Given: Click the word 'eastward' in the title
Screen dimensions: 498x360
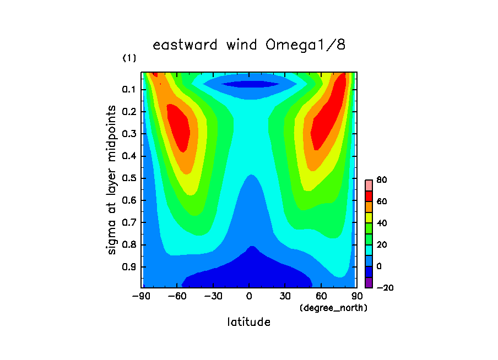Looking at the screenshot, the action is click(185, 45).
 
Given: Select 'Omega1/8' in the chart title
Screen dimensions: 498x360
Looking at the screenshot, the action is click(305, 45).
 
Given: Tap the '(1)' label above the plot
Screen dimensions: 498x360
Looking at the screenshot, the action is click(129, 58).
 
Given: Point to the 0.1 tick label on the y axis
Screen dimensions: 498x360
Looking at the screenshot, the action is click(128, 90).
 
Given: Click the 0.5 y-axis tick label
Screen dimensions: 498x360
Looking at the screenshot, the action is click(128, 178).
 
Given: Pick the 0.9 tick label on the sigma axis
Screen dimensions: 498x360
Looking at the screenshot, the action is click(128, 266).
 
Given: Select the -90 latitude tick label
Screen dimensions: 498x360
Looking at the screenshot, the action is click(141, 296).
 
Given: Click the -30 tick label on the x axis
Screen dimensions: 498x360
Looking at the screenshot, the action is click(213, 296).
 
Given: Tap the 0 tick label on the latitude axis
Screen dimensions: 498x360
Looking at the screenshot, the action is click(249, 296).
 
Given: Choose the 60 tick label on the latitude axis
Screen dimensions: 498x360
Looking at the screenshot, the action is click(321, 296).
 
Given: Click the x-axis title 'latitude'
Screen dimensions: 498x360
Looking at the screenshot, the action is click(248, 322).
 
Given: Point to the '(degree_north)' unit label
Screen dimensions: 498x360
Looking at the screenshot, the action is click(333, 308).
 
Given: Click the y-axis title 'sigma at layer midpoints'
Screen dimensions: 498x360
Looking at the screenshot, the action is click(111, 180).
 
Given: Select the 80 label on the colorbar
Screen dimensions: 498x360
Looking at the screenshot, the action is click(381, 180).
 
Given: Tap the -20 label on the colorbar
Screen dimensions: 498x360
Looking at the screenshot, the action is click(385, 288).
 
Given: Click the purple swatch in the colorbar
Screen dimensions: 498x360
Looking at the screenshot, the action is click(369, 282).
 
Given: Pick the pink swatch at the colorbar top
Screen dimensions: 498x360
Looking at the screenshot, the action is click(369, 186).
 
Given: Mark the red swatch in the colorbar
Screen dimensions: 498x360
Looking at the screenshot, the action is click(369, 196).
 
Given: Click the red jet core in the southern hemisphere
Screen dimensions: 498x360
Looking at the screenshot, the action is click(178, 128).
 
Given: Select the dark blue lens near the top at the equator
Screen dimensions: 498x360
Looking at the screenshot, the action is click(250, 84).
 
